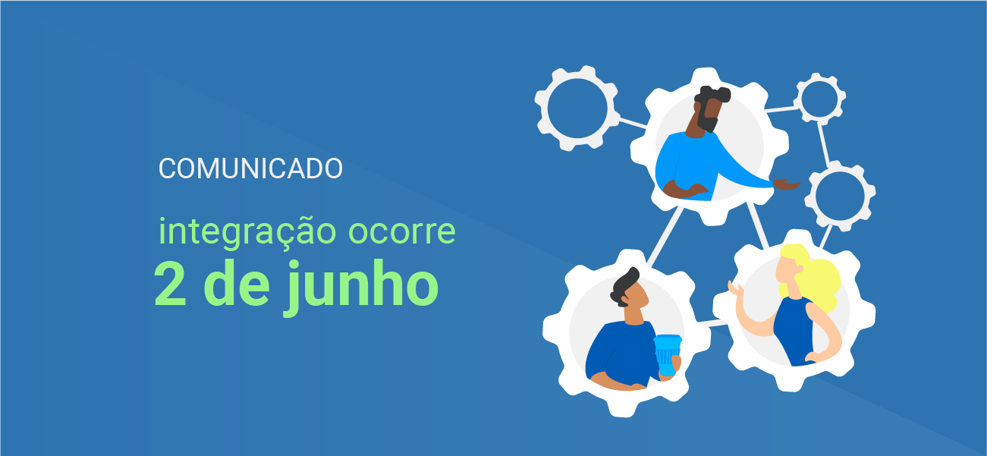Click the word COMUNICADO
click(250, 168)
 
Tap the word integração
click(247, 233)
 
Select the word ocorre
click(402, 232)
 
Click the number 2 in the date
click(171, 284)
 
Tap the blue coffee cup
click(667, 354)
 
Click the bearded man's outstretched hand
click(787, 184)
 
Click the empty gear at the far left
click(577, 108)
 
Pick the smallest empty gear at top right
click(819, 98)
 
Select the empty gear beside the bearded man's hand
click(840, 196)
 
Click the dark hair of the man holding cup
click(625, 287)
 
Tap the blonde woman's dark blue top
click(794, 332)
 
